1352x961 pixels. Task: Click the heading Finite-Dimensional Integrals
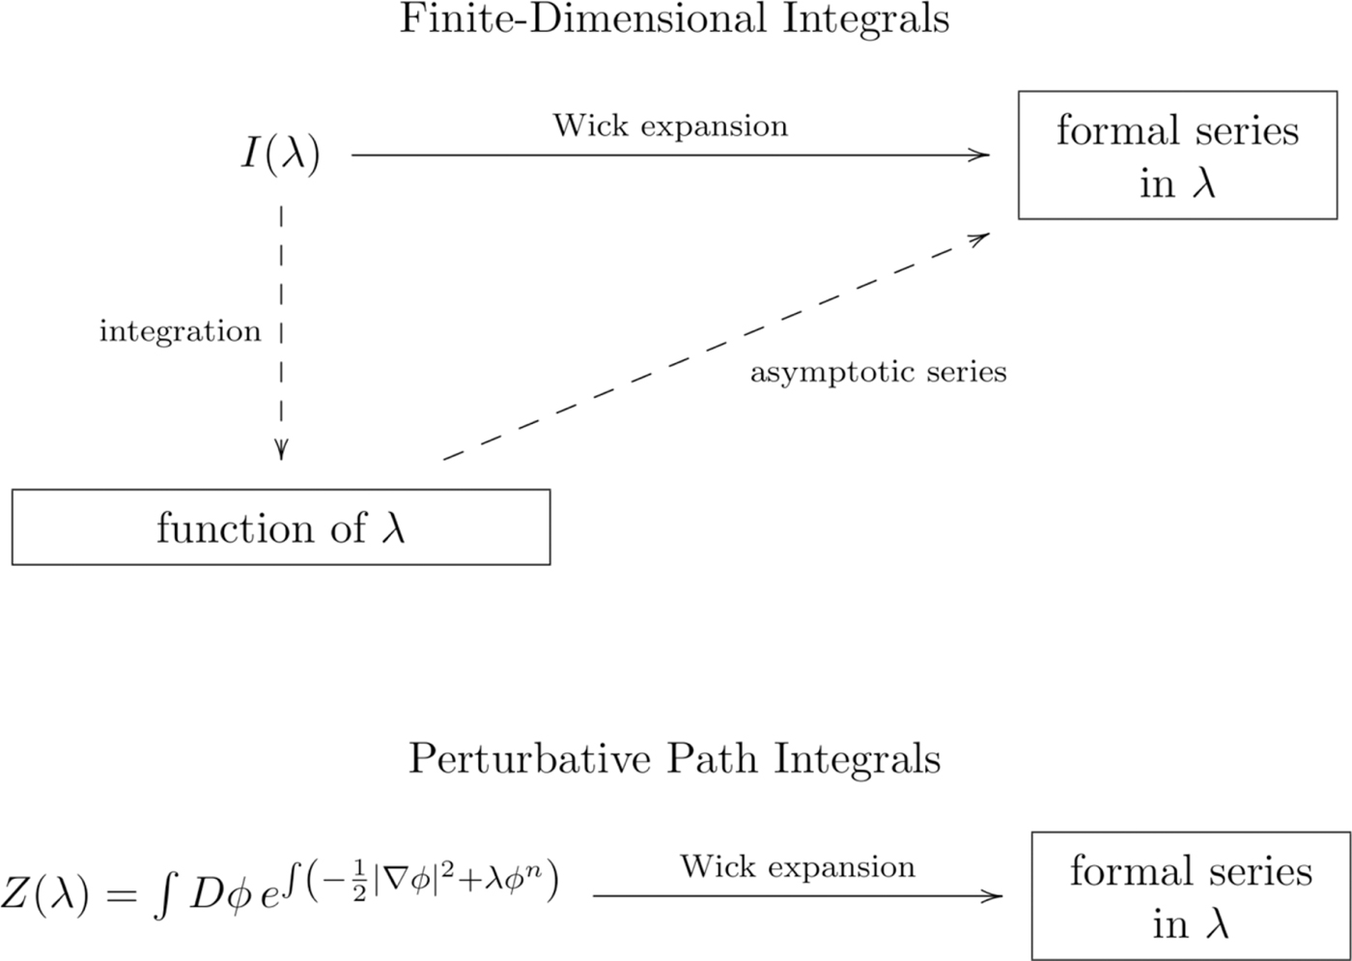[674, 19]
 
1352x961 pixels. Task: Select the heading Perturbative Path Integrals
[674, 759]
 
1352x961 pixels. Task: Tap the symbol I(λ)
[280, 155]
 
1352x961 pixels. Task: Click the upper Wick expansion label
[670, 126]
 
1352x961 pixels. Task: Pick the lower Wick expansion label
[798, 866]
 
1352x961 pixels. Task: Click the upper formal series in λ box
[1177, 155]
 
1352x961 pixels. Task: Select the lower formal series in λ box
[1191, 896]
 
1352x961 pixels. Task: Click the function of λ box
[281, 527]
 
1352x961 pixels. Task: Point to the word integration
[180, 331]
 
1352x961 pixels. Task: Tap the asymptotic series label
[878, 372]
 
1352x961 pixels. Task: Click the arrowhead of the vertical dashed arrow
[281, 451]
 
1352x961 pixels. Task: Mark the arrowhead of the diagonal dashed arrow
[981, 237]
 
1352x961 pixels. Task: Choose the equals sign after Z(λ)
[122, 896]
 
